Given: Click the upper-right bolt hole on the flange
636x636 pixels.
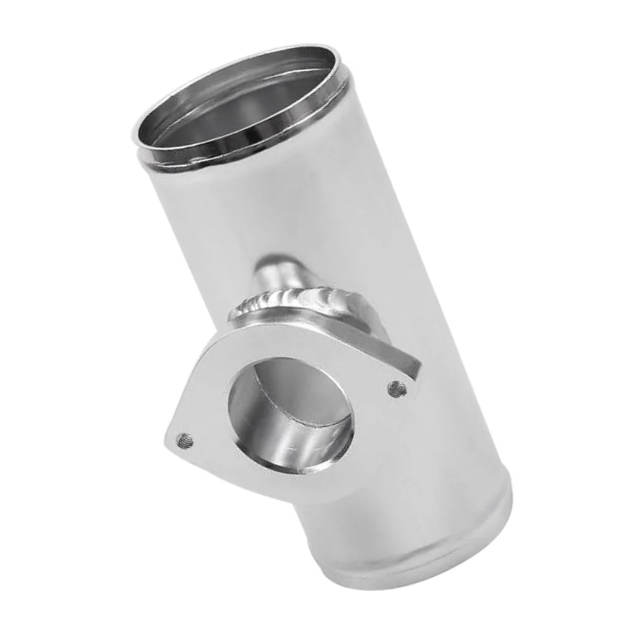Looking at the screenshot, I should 397,389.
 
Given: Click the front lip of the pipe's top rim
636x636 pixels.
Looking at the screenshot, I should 224,154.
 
